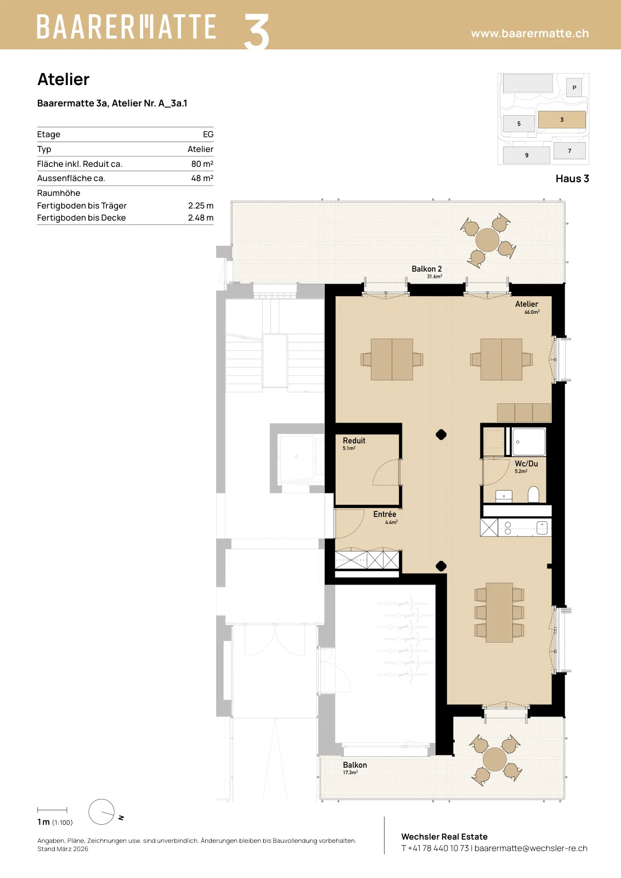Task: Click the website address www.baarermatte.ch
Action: [x=530, y=33]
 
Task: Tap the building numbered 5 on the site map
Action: [x=519, y=124]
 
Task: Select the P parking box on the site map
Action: [x=574, y=87]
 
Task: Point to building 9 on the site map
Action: [x=527, y=155]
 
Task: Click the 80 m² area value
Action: [x=202, y=164]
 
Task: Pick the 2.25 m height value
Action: [x=201, y=205]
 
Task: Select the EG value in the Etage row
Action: [x=208, y=134]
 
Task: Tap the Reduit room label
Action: [x=354, y=441]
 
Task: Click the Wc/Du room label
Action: [x=526, y=464]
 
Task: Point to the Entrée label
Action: [x=385, y=514]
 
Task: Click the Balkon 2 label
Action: [x=427, y=269]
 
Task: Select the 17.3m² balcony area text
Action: [x=350, y=773]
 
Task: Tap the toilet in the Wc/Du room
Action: [x=533, y=494]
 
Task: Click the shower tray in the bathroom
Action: [x=529, y=442]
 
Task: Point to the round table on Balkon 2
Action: [x=487, y=240]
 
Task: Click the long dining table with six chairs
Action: [x=499, y=612]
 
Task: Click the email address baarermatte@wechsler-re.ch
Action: [x=531, y=848]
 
